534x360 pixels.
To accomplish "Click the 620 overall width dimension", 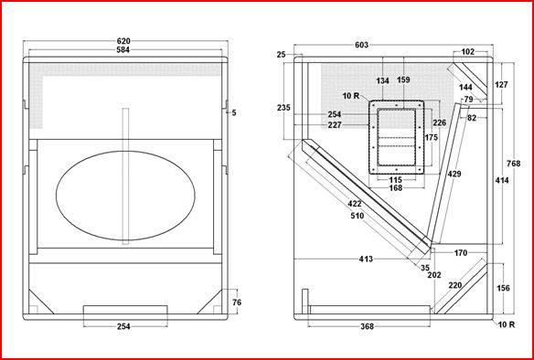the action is coord(123,41).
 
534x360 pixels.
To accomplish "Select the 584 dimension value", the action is coord(123,50).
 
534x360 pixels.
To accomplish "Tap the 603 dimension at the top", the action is coord(362,45).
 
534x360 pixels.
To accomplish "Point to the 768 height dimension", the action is coord(513,164).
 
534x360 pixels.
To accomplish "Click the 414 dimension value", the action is coord(502,180).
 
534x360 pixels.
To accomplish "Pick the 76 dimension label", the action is coord(236,302).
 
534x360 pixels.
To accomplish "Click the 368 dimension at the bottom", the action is coord(367,327).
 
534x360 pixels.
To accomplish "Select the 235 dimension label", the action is coord(283,108).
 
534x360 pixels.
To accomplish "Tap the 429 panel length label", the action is coord(454,174).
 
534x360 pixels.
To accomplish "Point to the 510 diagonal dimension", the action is coord(357,216).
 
